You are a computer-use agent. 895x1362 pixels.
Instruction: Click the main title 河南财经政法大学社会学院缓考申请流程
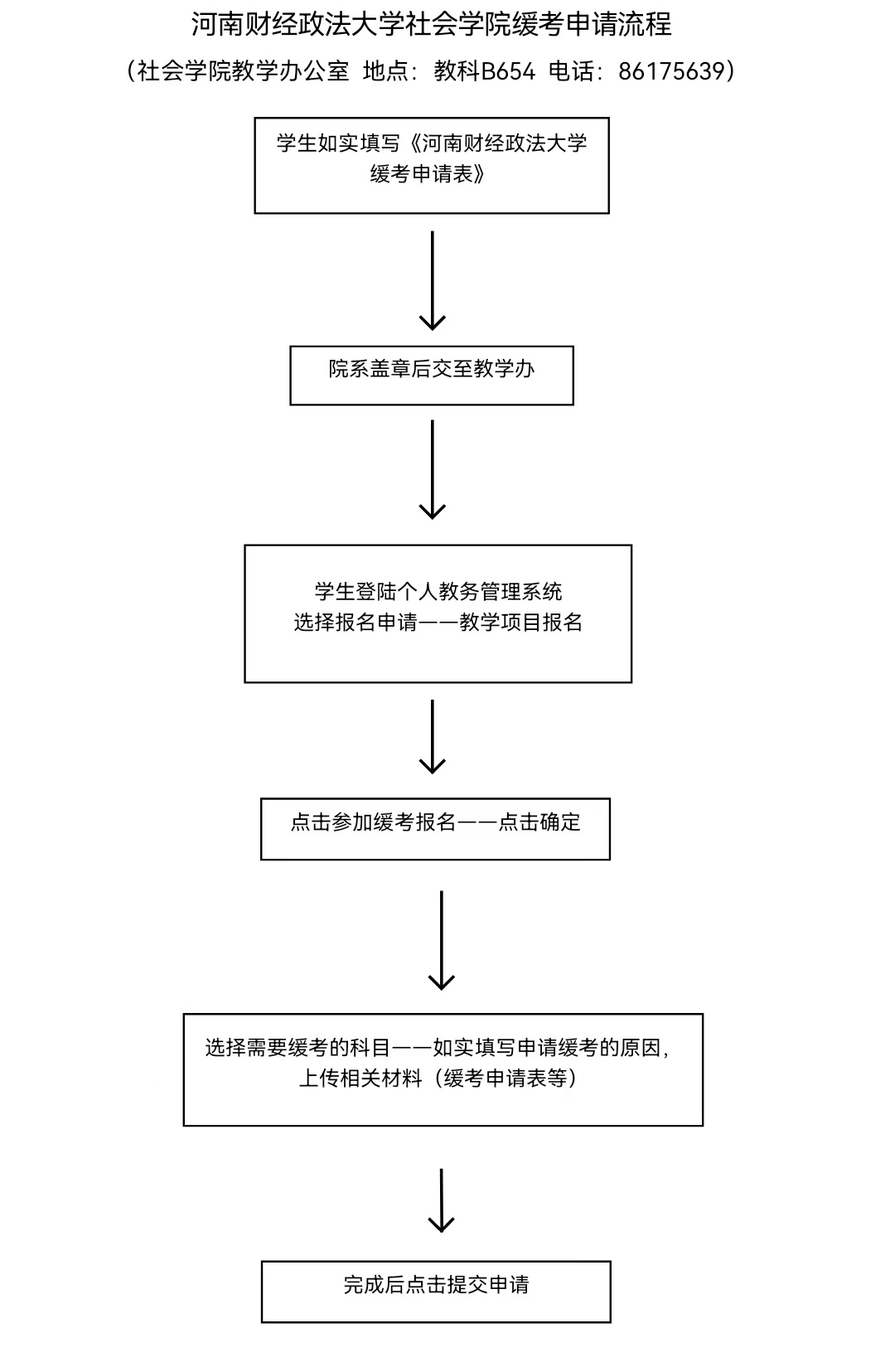pyautogui.click(x=431, y=25)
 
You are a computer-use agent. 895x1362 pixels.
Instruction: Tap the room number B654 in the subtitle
pyautogui.click(x=508, y=71)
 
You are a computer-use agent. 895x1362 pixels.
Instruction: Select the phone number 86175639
pyautogui.click(x=672, y=71)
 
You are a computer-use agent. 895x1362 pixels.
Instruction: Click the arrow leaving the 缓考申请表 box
pyautogui.click(x=433, y=280)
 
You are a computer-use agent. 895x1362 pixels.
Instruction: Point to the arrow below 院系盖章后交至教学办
pyautogui.click(x=433, y=469)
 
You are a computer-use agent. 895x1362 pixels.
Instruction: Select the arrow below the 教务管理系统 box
pyautogui.click(x=433, y=736)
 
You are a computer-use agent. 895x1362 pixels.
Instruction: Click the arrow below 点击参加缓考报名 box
pyautogui.click(x=442, y=940)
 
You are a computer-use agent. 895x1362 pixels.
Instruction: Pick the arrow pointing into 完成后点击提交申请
pyautogui.click(x=442, y=1200)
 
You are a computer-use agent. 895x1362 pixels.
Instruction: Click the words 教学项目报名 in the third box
pyautogui.click(x=521, y=622)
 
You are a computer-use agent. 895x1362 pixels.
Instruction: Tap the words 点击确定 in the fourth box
pyautogui.click(x=540, y=822)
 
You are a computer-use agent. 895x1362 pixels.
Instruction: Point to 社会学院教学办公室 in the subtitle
pyautogui.click(x=243, y=71)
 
